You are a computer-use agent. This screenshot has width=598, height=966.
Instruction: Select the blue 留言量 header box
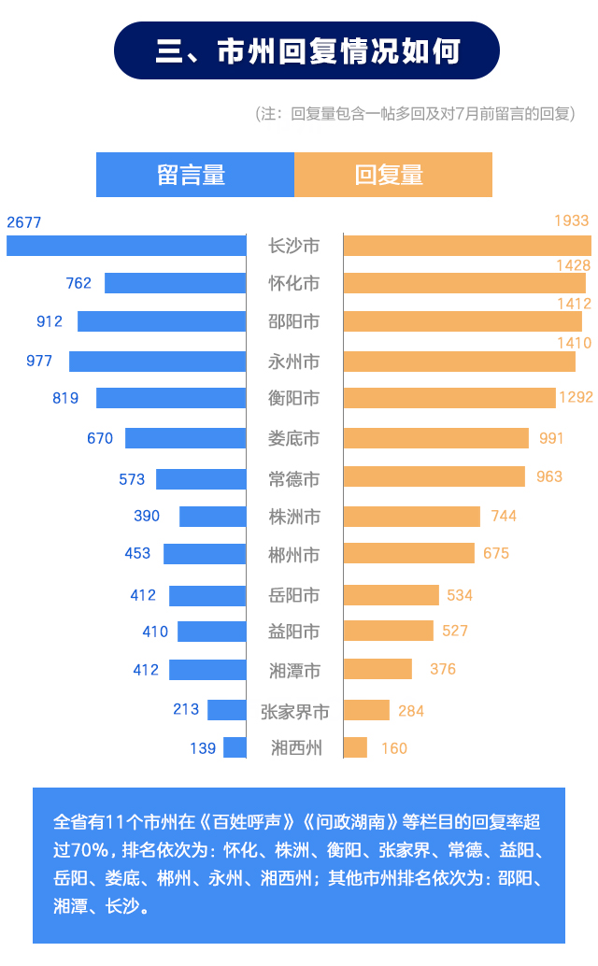point(194,175)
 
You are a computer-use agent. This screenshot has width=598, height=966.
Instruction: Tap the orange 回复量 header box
point(393,175)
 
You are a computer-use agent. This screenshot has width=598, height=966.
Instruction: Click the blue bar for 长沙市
point(126,246)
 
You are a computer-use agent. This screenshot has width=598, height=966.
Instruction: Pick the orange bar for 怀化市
point(464,283)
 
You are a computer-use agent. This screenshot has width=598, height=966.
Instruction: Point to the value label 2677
point(24,222)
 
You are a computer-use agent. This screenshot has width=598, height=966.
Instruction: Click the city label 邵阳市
point(294,321)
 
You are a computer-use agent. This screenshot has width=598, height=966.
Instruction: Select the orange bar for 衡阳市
point(449,398)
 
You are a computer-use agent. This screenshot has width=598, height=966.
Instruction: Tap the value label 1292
point(576,397)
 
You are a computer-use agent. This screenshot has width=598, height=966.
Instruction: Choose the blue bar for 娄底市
point(185,438)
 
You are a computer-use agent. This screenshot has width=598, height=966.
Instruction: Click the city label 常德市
point(294,479)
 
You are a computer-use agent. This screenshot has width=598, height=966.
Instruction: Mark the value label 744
point(504,516)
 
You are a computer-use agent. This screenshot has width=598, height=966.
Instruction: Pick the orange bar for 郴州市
point(408,553)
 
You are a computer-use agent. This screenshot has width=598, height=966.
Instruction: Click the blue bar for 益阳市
point(211,632)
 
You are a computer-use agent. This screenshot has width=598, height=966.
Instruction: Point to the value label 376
point(443,669)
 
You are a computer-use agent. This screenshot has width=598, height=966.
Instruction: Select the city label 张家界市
point(294,712)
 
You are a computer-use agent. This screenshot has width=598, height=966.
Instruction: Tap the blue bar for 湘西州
point(235,747)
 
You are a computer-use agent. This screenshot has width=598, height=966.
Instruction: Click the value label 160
point(394,748)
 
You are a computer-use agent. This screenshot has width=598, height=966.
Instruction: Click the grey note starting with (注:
point(415,114)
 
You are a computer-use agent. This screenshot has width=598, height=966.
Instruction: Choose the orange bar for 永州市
point(459,362)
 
